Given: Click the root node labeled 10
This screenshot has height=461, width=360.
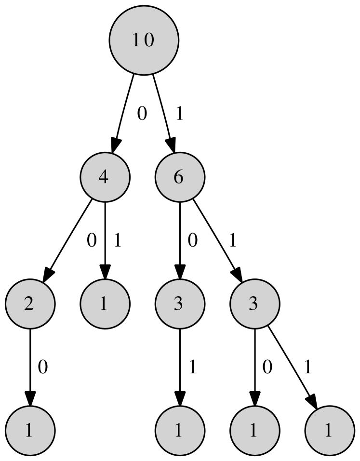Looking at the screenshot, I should coord(144,40).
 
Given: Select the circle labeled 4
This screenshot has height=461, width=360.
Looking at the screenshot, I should coord(105,177).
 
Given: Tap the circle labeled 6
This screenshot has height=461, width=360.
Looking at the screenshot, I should coord(180,177).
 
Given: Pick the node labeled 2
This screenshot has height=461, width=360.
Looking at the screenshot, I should coord(30,304).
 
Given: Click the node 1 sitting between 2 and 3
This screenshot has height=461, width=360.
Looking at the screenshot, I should coord(105,304).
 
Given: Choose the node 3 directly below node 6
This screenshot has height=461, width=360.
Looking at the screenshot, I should coord(180,304).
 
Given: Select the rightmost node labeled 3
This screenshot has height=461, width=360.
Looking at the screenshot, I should coord(254,304).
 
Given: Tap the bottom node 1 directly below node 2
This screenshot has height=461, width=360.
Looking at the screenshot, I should coord(30,431).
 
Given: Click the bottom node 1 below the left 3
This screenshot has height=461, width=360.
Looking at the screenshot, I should coord(180,431).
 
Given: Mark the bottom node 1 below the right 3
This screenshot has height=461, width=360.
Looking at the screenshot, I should coord(254,431).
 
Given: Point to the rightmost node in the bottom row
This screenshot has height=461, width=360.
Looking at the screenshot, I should coord(330,431).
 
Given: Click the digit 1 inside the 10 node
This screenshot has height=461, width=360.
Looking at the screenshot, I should coord(136,40).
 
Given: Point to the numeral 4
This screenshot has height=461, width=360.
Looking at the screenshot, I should coord(103,177).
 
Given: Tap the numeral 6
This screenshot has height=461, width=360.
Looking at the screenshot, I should coord(178,177).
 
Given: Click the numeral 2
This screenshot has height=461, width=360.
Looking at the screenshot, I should coord(29,304).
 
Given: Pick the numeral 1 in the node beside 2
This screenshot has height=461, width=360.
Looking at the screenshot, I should coord(104,304).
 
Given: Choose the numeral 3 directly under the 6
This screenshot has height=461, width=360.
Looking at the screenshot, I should coord(178,304).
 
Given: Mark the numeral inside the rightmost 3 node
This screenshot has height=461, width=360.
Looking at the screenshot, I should coord(253,304).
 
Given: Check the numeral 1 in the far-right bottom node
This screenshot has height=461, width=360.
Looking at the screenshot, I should coord(328,431).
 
